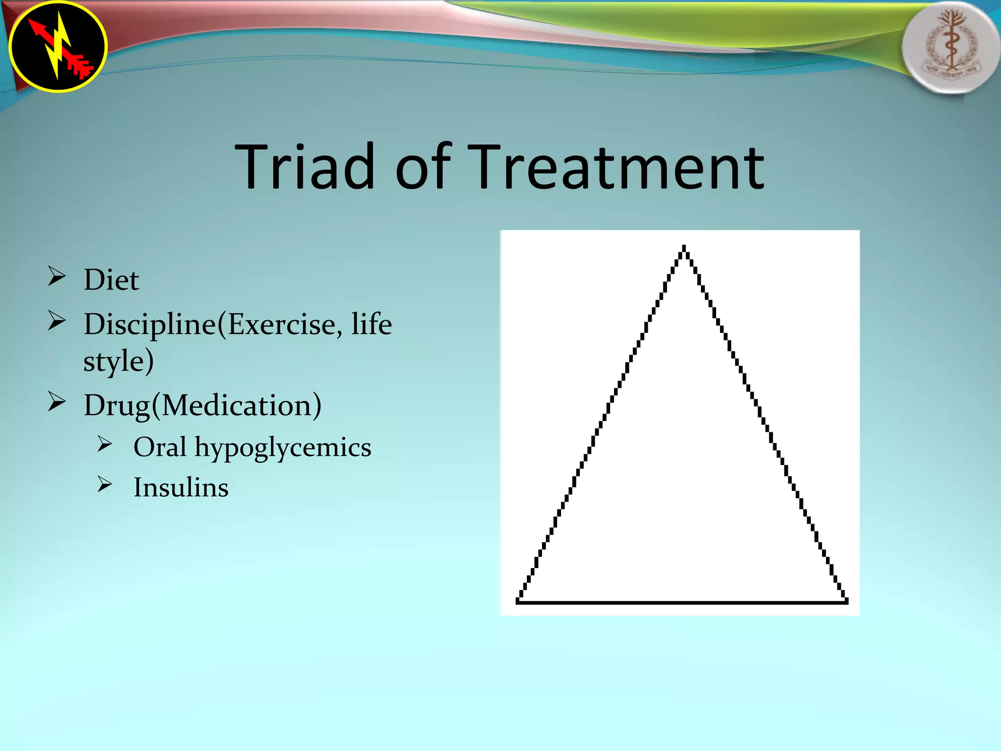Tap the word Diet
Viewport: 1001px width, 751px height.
click(x=111, y=280)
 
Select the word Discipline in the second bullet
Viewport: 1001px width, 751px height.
click(x=150, y=325)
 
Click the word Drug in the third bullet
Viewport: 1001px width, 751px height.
click(x=116, y=406)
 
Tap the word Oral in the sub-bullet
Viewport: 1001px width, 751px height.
click(x=160, y=447)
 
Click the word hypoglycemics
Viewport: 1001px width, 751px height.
click(x=283, y=448)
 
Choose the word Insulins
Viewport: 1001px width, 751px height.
click(x=181, y=487)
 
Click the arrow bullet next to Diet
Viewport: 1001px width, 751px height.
click(x=57, y=277)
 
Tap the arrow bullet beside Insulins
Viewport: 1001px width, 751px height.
click(x=105, y=485)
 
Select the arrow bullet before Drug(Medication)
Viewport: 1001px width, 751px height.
click(x=57, y=402)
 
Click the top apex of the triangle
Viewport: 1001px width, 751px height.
click(x=684, y=247)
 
